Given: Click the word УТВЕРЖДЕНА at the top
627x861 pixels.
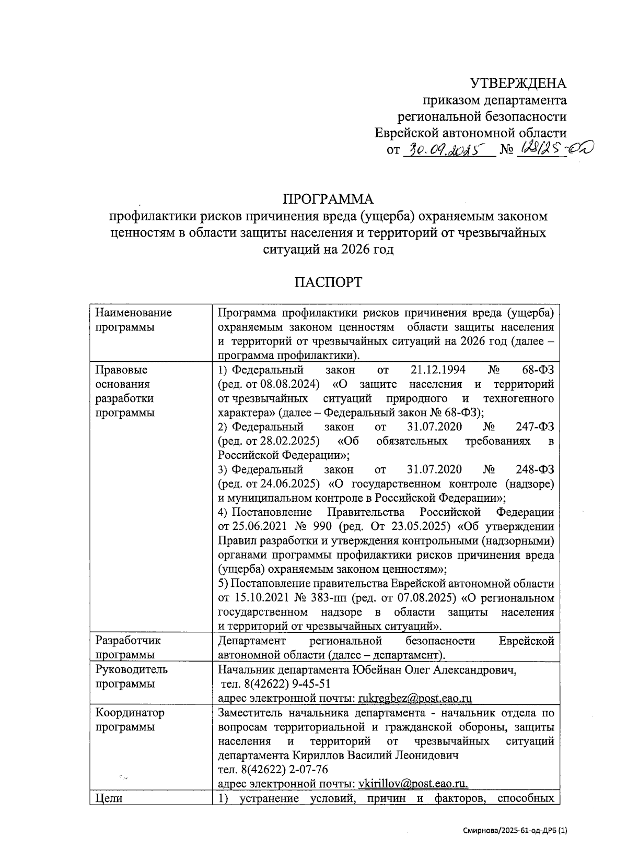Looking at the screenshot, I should [518, 84].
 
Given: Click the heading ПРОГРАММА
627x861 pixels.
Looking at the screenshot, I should [328, 199].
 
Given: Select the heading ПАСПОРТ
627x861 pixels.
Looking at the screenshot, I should [328, 282].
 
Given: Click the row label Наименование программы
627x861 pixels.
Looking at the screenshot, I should [133, 320].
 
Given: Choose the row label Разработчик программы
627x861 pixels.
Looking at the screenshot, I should [128, 647].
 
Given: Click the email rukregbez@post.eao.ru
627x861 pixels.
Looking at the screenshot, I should [416, 698].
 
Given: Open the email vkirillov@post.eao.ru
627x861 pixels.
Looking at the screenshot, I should [413, 784].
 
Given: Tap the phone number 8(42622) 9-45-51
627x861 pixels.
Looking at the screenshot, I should [283, 684].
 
